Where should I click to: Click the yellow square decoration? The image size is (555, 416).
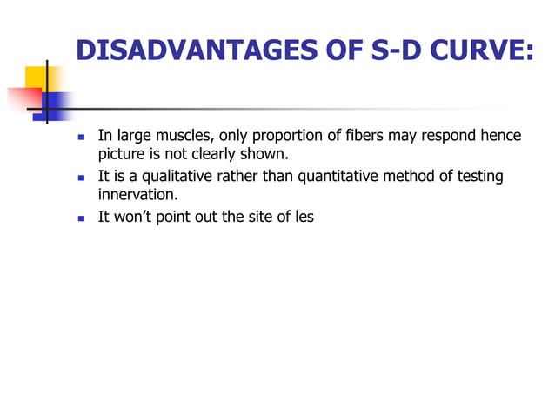tap(36, 79)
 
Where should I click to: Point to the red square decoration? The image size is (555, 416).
tap(21, 99)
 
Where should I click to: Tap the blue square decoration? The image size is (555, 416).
tap(56, 106)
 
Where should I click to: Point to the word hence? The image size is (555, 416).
tap(500, 136)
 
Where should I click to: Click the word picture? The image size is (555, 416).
tap(120, 156)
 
